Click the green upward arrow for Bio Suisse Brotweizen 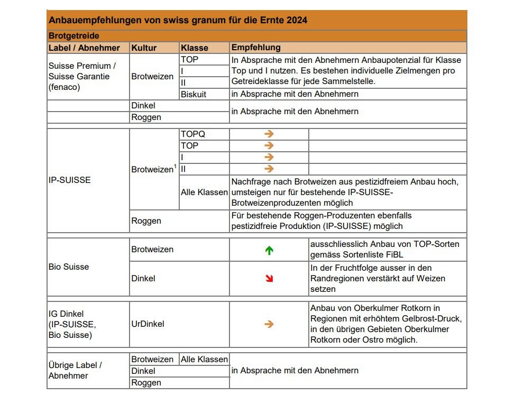click(269, 251)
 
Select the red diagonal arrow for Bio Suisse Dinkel click(269, 278)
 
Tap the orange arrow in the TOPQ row click(269, 134)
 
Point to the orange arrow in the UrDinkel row click(269, 324)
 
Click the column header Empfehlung click(256, 48)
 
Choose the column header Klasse click(195, 48)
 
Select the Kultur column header click(144, 48)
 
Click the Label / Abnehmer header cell click(84, 48)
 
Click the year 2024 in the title click(297, 20)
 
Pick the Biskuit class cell click(194, 94)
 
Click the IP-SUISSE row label click(69, 180)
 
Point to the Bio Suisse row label click(69, 267)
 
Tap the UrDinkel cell click(148, 324)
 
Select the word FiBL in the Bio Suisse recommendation click(395, 254)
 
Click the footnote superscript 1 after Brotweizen click(175, 167)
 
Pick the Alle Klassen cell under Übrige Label click(204, 360)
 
